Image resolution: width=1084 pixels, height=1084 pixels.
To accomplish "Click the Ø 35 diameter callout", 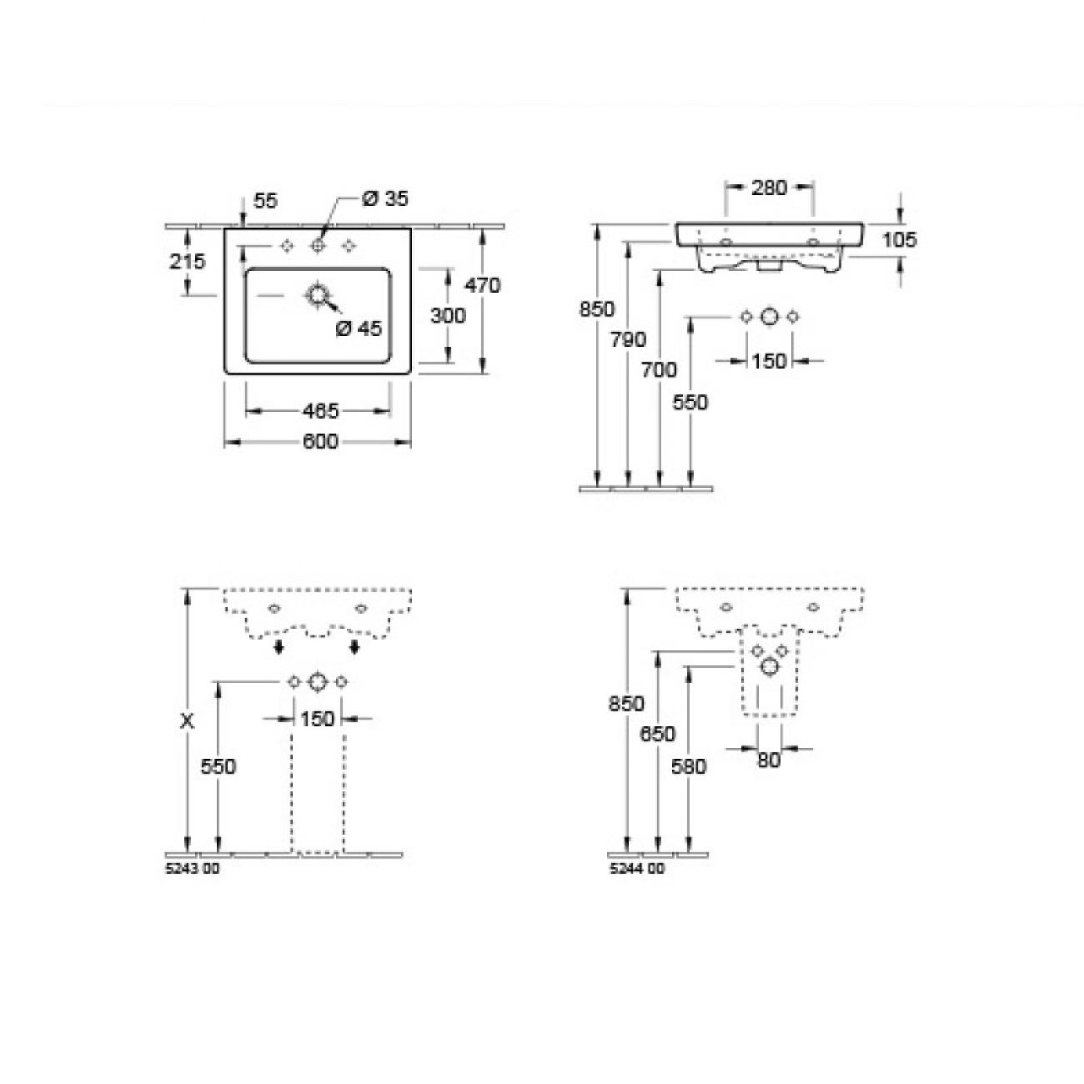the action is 385,198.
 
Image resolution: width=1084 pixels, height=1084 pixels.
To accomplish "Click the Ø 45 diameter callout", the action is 359,328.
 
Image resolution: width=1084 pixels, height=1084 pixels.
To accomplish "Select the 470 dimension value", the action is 482,285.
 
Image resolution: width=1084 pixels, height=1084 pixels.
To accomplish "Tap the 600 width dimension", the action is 320,442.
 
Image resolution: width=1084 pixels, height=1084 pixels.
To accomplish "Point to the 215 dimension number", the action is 188,261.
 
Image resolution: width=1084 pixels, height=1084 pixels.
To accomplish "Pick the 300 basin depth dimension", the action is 448,315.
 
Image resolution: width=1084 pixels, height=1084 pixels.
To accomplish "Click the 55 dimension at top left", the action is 265,200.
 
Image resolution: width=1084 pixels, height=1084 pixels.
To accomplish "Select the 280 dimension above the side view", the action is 769,188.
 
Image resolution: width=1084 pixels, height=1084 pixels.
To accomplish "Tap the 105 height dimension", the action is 900,239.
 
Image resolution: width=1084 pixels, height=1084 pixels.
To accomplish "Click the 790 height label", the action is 629,339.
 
